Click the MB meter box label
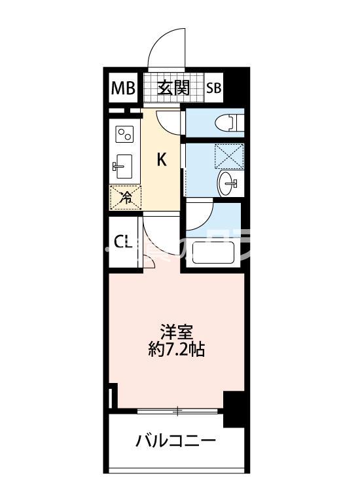coord(122,88)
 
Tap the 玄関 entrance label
coord(173,87)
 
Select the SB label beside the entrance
coord(213,88)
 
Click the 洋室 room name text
coord(177,331)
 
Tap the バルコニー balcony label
coord(175,441)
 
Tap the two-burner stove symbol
coord(125,134)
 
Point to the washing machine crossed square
coord(230,155)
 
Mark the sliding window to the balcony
coord(178,412)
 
